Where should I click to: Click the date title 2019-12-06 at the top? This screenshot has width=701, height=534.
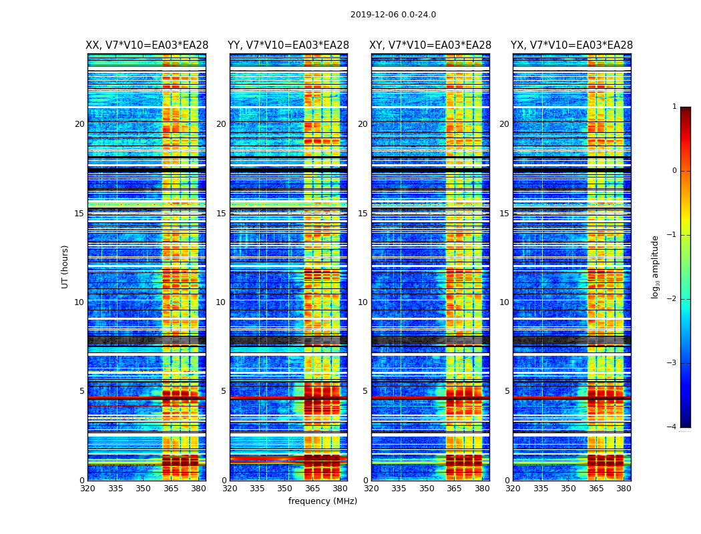point(393,15)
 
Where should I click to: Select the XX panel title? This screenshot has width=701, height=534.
point(147,45)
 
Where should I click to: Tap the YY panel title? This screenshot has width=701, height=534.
point(288,45)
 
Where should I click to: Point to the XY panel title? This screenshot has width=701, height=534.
point(430,45)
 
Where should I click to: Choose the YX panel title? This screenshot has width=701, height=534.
point(571,45)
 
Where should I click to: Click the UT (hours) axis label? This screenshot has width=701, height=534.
point(65,266)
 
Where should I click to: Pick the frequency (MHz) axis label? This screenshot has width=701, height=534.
point(322,501)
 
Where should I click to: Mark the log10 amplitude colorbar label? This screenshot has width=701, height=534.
point(656,266)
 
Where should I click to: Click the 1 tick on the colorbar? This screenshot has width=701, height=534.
point(674,107)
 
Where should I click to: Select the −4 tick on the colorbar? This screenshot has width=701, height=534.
point(672,427)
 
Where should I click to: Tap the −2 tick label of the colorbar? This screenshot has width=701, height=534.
point(672,299)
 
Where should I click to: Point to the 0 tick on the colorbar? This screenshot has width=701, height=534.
point(674,171)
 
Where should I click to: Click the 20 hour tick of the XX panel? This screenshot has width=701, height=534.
point(79,124)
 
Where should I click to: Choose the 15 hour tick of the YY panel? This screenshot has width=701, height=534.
point(221,214)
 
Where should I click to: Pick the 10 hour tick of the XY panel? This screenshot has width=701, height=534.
point(363,302)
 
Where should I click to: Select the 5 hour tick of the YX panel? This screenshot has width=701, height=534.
point(507,391)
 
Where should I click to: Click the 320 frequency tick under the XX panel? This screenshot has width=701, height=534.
point(87,489)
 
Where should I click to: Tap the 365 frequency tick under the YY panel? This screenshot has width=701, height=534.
point(312,489)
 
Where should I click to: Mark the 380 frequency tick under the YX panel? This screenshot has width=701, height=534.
point(624,489)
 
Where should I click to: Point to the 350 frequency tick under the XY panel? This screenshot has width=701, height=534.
point(427,489)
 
